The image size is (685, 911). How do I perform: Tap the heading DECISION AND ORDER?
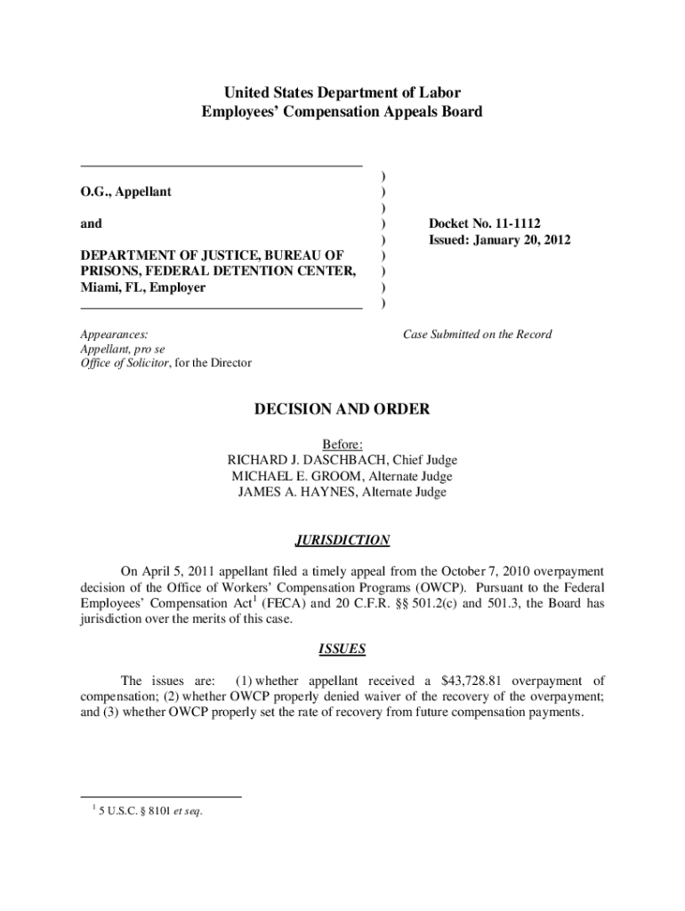tap(342, 409)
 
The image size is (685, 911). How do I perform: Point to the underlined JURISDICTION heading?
tap(342, 540)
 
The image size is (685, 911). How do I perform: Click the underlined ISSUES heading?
tap(342, 649)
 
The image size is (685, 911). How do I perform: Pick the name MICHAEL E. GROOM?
tap(297, 476)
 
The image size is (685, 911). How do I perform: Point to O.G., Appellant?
tap(126, 191)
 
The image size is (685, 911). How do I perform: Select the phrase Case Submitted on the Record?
tap(477, 335)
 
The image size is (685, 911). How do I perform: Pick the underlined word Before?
tap(342, 444)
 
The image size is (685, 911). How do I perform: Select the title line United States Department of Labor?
tap(342, 93)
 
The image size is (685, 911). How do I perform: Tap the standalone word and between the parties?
tap(92, 223)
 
